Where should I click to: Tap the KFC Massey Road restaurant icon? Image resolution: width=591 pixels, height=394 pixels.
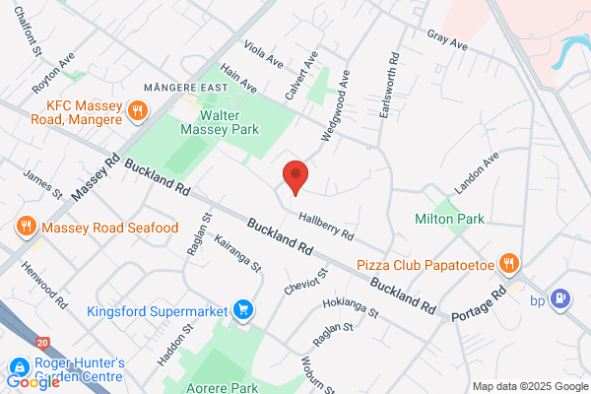point(139,110)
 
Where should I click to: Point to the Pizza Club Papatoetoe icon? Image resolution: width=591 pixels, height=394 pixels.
point(508,263)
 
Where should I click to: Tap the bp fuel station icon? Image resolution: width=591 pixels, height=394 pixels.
point(560,297)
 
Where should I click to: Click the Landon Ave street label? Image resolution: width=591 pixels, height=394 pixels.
point(477,171)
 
